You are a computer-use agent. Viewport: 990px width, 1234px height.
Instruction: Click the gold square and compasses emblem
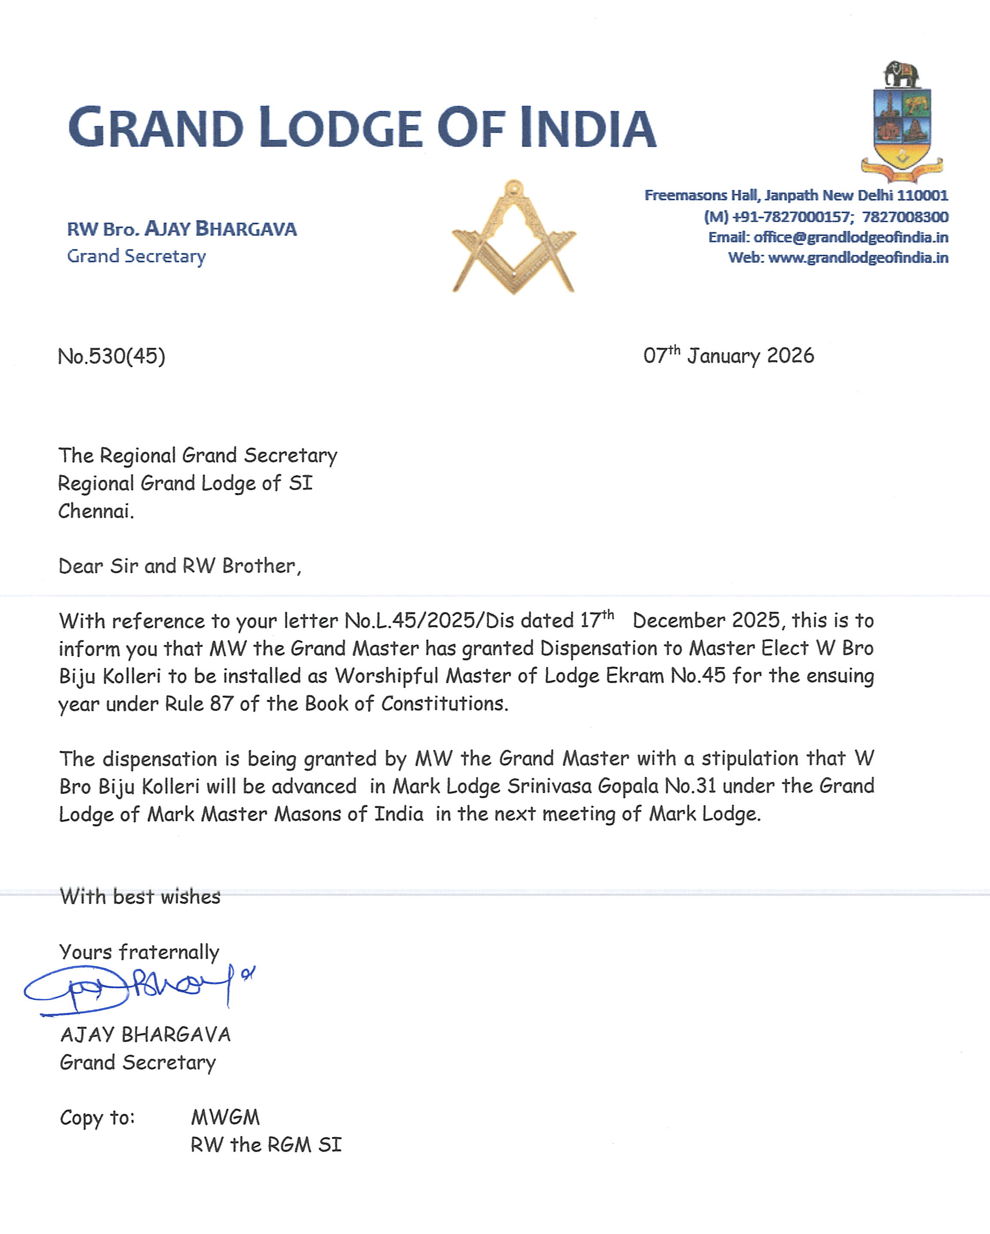(x=514, y=238)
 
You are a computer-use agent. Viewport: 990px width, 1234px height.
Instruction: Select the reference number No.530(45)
(x=111, y=356)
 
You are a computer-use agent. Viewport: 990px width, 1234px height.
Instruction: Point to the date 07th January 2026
(x=728, y=356)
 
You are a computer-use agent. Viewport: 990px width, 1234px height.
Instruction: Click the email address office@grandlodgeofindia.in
(x=850, y=237)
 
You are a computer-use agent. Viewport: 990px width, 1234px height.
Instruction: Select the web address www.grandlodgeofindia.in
(x=858, y=258)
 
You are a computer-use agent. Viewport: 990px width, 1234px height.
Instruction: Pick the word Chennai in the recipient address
(x=95, y=511)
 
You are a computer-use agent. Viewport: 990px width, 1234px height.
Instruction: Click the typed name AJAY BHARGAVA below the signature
(x=146, y=1035)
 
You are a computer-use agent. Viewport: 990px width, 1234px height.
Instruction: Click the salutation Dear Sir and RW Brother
(x=179, y=566)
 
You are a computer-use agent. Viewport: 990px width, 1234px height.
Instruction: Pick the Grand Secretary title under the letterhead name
(x=136, y=256)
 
